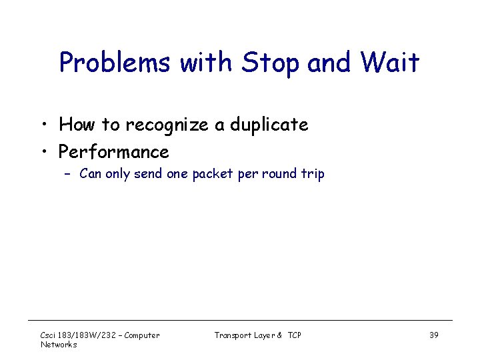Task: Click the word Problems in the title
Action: point(114,63)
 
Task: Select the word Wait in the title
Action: point(391,63)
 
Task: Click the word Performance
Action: point(113,152)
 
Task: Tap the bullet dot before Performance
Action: point(43,152)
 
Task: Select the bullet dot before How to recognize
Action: point(43,125)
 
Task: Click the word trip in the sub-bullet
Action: point(313,175)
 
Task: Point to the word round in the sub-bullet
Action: point(280,175)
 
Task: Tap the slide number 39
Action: point(433,335)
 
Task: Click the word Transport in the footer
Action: point(233,335)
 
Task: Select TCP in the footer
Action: point(294,335)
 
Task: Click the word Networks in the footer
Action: point(59,345)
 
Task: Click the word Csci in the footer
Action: point(49,335)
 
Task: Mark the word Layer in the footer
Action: point(263,335)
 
